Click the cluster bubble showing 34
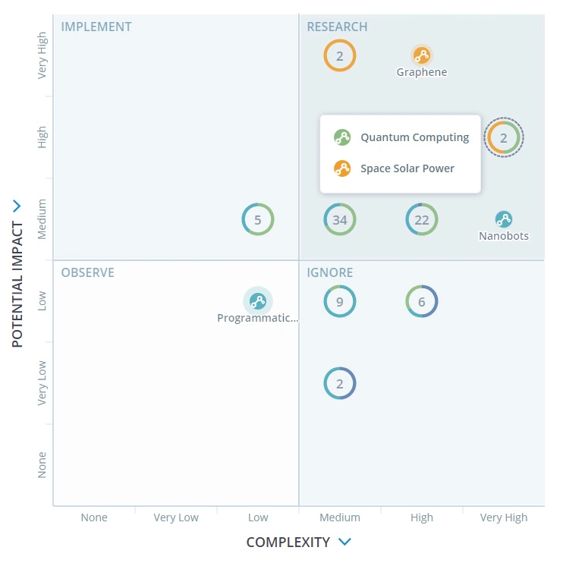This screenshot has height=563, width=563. [340, 220]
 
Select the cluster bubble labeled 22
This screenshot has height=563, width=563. [422, 220]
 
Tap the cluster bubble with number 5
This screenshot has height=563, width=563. [258, 220]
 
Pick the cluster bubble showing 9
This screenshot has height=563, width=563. [340, 301]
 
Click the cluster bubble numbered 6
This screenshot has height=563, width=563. [422, 301]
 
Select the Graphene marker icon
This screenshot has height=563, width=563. [422, 55]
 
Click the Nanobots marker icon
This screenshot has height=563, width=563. [504, 219]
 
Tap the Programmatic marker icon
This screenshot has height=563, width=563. [258, 301]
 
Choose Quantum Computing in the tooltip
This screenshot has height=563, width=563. [414, 137]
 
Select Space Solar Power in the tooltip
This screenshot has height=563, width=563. [407, 168]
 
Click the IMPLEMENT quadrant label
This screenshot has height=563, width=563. [96, 27]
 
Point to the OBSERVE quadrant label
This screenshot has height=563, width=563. [88, 272]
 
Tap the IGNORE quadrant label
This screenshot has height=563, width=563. [330, 272]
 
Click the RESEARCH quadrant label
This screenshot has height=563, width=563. [337, 27]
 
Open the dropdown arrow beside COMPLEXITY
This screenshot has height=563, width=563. [344, 542]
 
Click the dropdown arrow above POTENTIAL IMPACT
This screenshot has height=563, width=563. [17, 206]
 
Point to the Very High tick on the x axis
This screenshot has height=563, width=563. [504, 517]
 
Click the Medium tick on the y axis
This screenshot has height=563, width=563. [42, 219]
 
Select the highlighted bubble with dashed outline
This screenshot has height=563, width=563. [504, 137]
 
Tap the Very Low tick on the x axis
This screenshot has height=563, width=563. [176, 517]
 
